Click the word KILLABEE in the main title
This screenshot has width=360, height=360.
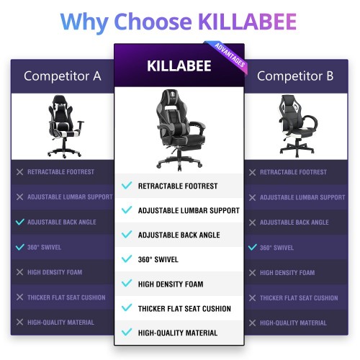click(x=248, y=22)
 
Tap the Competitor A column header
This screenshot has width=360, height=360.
click(x=63, y=76)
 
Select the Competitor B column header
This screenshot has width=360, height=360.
click(x=295, y=76)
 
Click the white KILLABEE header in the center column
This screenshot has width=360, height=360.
click(x=179, y=66)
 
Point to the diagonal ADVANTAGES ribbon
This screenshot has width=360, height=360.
click(x=230, y=55)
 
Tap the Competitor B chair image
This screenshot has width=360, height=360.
click(x=297, y=126)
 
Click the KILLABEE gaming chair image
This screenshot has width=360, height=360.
click(x=181, y=130)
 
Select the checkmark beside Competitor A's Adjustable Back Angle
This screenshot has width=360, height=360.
click(x=20, y=222)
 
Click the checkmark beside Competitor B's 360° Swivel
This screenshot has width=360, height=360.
click(x=253, y=247)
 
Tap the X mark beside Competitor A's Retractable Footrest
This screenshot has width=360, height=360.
click(x=19, y=172)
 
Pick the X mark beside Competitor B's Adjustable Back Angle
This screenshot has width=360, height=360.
click(x=252, y=222)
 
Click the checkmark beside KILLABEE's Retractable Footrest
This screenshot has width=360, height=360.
click(x=127, y=185)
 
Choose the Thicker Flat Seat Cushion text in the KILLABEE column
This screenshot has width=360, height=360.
click(x=184, y=309)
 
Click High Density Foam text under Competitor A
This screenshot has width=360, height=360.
click(x=55, y=272)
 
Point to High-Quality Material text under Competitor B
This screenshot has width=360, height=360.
click(x=293, y=323)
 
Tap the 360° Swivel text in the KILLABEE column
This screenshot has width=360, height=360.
click(x=158, y=259)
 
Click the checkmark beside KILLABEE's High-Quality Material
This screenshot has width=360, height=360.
click(x=127, y=332)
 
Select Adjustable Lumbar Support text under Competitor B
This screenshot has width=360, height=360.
click(x=302, y=197)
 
